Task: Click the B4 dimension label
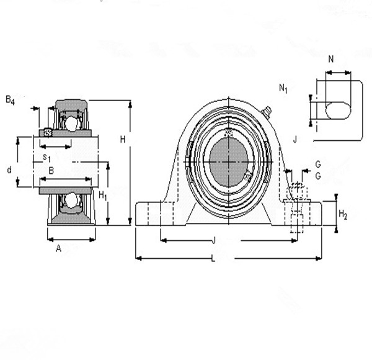pos(10,99)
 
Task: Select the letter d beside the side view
pos(9,169)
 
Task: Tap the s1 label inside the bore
pos(46,157)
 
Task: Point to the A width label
pos(59,248)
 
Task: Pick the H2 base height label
pos(343,215)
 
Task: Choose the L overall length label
pos(213,259)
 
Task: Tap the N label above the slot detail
pos(330,60)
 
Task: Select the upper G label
pos(317,164)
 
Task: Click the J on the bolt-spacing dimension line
pos(213,240)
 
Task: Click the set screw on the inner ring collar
pos(48,132)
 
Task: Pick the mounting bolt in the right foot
pos(296,205)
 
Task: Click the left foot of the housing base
pos(152,213)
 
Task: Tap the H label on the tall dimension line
pos(123,140)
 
